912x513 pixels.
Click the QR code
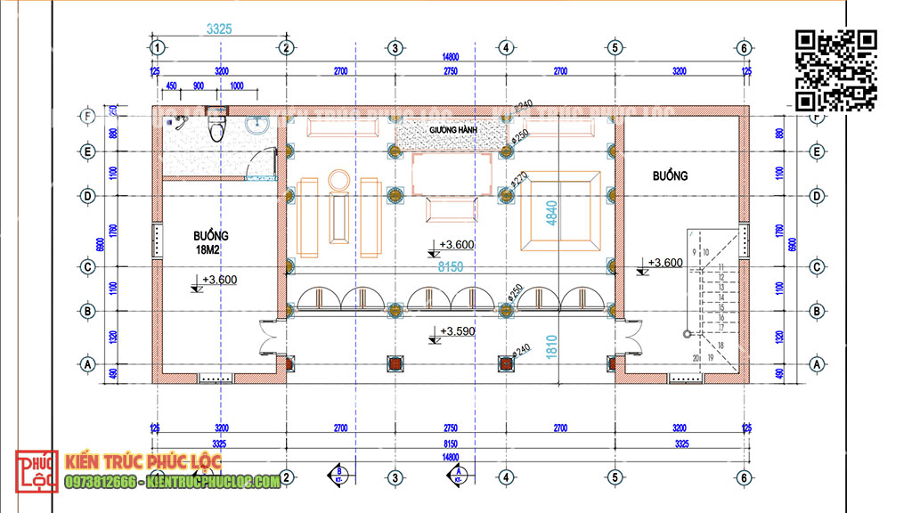tap(836, 69)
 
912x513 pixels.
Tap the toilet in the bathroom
tap(215, 126)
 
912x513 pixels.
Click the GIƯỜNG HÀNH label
tap(453, 129)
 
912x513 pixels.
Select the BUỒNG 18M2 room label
tap(211, 241)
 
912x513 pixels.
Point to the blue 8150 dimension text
tap(451, 265)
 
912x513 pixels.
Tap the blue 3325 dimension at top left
tap(219, 28)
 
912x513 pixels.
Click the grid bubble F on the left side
tap(88, 116)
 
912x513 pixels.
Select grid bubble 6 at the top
tap(744, 47)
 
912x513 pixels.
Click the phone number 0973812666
tap(101, 482)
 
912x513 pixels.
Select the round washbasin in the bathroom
tap(258, 124)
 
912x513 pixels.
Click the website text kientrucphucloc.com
tap(214, 482)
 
